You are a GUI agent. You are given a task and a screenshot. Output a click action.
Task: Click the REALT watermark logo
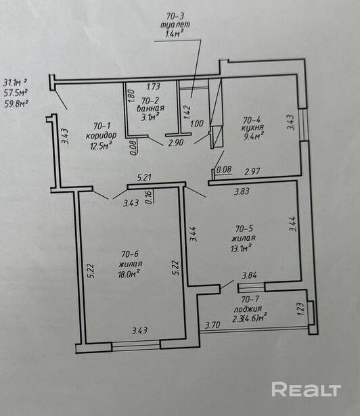point(306,390)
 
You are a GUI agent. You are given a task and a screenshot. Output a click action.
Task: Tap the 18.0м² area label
point(129,274)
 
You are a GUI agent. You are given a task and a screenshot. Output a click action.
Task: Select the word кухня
point(252,128)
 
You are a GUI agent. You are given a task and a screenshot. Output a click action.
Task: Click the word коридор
point(101,135)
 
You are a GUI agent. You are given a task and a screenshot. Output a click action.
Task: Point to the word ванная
point(150,108)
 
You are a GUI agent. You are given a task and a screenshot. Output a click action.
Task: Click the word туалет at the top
point(175,25)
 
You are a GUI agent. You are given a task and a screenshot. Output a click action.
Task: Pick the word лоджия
point(248,309)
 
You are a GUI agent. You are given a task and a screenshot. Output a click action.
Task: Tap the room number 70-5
point(244,228)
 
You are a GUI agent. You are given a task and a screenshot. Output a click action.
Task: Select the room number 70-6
point(130,254)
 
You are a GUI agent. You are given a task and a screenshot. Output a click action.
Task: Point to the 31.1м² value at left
point(15,83)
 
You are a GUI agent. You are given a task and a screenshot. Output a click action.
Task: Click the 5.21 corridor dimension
point(144,177)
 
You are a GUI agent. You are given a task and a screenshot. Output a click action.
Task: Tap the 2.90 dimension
point(176,143)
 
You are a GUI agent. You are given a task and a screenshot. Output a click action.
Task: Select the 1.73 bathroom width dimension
point(154,87)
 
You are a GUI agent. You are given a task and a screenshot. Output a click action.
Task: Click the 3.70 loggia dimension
point(212,325)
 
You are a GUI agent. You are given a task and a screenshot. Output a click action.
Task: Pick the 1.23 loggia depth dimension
point(300,309)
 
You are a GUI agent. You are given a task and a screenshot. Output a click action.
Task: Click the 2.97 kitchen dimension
point(252,172)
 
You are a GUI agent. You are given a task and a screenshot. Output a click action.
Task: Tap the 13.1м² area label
point(242,248)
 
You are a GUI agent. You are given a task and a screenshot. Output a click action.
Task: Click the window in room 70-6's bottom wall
point(136,346)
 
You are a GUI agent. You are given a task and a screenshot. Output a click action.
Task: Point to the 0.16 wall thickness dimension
point(148,198)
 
